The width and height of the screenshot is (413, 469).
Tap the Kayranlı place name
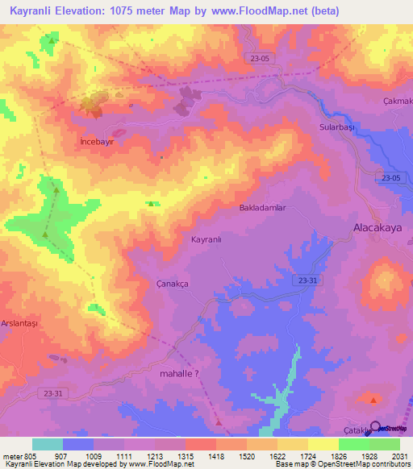206,239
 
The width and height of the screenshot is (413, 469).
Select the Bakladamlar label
262,208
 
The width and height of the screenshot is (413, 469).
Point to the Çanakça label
171,284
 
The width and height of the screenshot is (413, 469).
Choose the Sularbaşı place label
337,127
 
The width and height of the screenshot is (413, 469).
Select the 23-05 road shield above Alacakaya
391,178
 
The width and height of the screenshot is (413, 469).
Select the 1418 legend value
216,455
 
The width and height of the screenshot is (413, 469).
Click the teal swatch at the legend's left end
47,444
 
